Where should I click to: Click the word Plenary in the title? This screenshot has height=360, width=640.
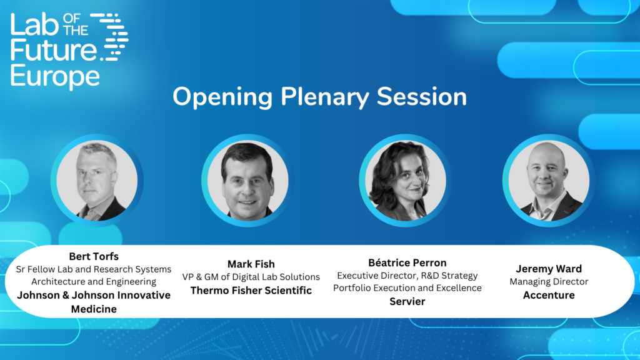tap(324, 97)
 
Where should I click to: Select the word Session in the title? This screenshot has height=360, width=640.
tap(422, 97)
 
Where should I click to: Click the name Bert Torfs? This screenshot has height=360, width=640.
tap(94, 256)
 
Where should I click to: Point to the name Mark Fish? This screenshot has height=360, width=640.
tap(251, 264)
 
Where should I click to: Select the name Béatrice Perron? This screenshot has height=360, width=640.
tap(407, 262)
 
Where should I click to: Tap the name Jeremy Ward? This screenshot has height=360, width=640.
tap(549, 269)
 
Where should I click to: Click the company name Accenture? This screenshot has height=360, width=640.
tap(549, 295)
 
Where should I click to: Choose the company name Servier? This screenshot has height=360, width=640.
tap(407, 302)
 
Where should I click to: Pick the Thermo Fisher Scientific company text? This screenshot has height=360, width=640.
tap(251, 290)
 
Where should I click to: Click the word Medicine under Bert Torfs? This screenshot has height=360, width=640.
tap(94, 309)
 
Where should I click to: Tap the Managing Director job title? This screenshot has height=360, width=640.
tap(549, 282)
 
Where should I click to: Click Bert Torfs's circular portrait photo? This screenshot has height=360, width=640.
tap(97, 181)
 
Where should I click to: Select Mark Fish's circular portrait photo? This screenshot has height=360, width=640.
tap(247, 181)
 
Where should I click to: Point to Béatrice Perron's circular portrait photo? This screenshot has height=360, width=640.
tap(405, 181)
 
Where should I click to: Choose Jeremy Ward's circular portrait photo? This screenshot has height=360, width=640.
tap(549, 181)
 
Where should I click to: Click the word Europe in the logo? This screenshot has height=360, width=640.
tap(55, 76)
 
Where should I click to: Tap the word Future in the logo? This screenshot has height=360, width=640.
tap(54, 50)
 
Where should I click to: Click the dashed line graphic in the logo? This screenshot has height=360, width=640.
tap(109, 37)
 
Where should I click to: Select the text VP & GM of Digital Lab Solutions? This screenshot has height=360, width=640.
tap(251, 277)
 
